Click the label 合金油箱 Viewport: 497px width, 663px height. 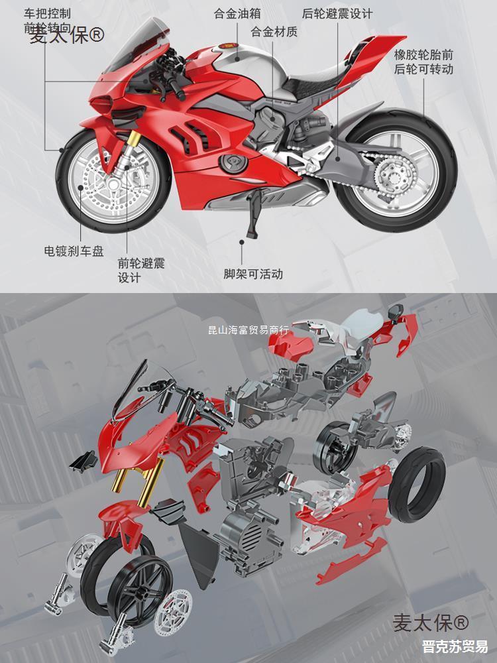pos(237,13)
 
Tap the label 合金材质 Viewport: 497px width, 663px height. pos(274,31)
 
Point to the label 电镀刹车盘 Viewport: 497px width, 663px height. pos(74,251)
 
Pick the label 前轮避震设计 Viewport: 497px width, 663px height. pos(141,271)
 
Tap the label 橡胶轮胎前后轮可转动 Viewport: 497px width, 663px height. pos(423,60)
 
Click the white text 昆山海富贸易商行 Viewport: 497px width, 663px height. pos(248,330)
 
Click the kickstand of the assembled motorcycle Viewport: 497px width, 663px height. pos(252,223)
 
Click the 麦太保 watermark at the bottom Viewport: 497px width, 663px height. pos(431,623)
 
